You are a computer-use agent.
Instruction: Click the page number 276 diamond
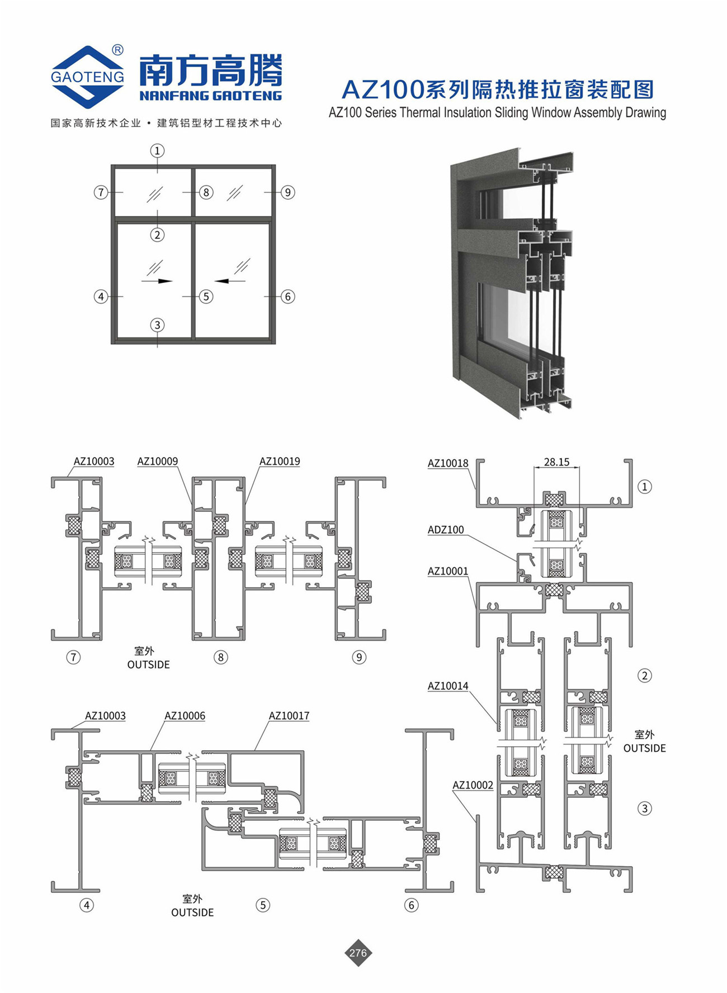(358, 953)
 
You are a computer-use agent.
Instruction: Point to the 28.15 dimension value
(556, 462)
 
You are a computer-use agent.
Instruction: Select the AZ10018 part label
(448, 463)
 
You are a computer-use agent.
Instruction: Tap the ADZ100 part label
(446, 530)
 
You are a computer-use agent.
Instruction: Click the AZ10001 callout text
(448, 571)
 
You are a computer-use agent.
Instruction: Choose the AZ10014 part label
(448, 686)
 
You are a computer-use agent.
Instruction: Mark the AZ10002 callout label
(473, 785)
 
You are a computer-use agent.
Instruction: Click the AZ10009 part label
(158, 462)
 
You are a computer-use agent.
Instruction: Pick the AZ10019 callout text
(280, 462)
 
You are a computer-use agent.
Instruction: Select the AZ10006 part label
(185, 716)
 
